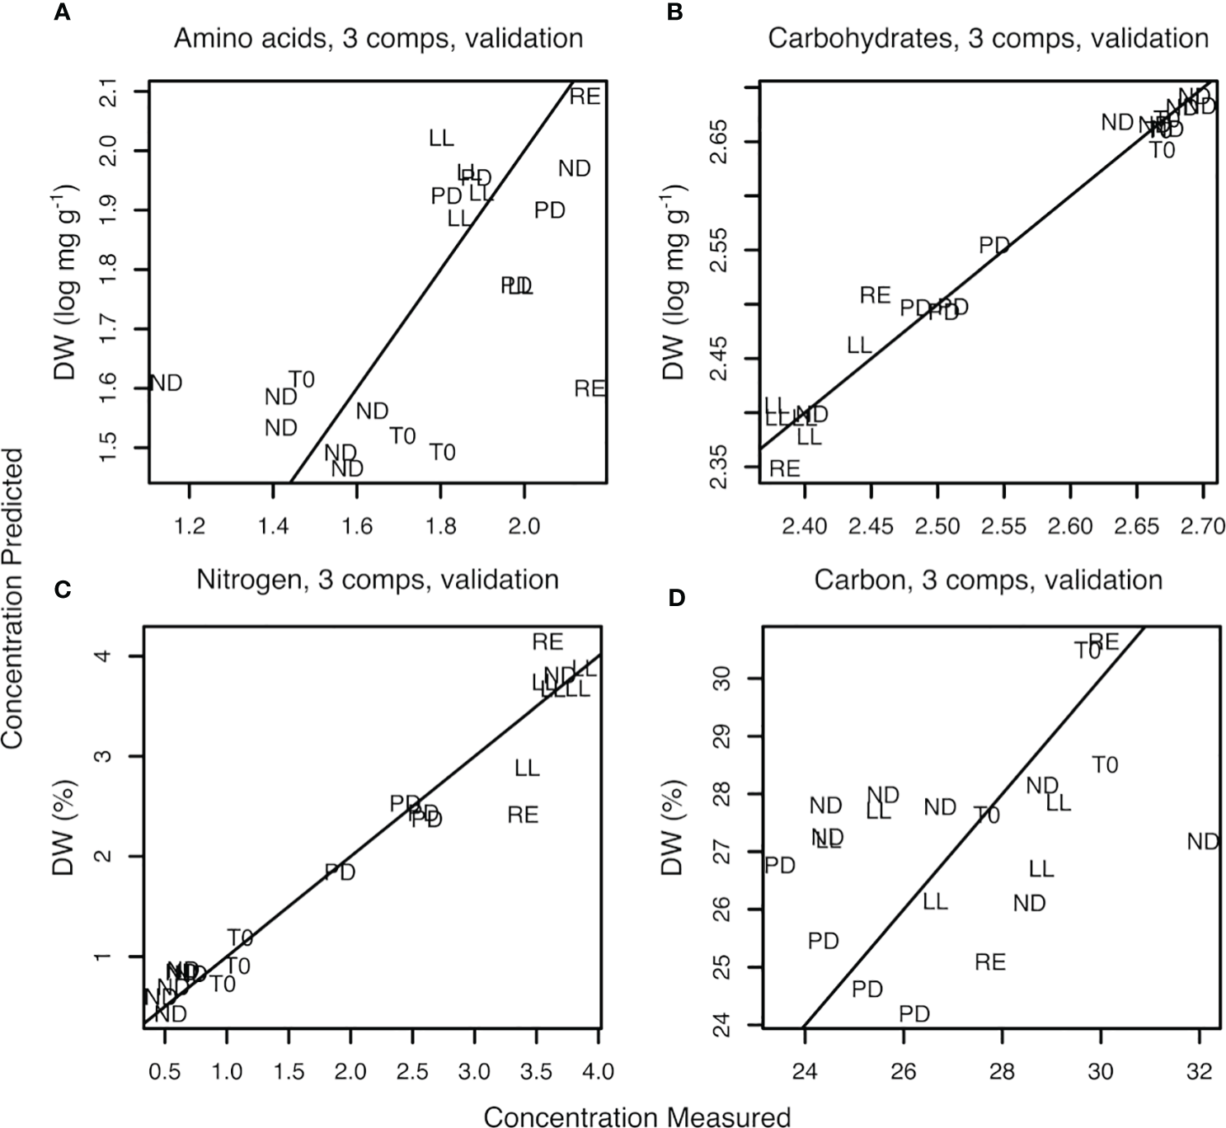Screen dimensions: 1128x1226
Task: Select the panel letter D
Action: click(676, 597)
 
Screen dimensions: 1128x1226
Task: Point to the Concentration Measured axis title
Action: click(636, 1116)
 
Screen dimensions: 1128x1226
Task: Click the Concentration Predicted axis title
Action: click(13, 597)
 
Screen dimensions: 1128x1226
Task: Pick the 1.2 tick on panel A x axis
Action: click(190, 526)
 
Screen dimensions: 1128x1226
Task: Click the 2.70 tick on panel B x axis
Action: click(1203, 526)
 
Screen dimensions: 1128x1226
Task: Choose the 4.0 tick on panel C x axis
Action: click(598, 1072)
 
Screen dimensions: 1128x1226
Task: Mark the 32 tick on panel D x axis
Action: click(1199, 1072)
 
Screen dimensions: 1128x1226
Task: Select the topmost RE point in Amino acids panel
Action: click(585, 96)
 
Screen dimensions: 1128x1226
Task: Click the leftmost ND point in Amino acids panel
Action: click(166, 383)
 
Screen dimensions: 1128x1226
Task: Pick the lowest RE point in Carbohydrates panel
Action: click(785, 469)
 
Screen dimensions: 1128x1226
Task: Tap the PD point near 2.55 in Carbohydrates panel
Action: click(994, 245)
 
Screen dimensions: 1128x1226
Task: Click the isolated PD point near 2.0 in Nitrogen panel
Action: click(340, 872)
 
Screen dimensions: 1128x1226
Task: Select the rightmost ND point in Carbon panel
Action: click(1203, 842)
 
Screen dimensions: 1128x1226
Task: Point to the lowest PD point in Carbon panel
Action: click(914, 1013)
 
